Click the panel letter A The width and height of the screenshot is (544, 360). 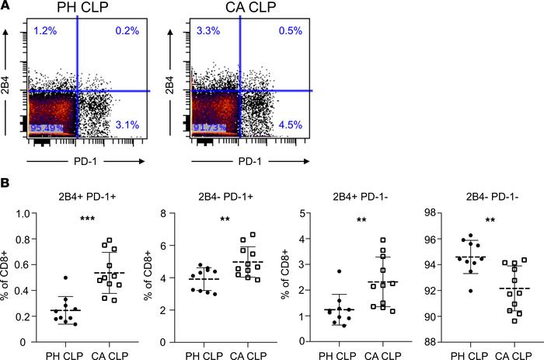[x=5, y=6]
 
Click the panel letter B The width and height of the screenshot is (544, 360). [x=5, y=187]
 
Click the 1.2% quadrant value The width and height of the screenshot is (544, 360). [x=42, y=32]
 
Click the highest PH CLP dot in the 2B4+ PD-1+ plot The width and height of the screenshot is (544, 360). [x=66, y=278]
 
